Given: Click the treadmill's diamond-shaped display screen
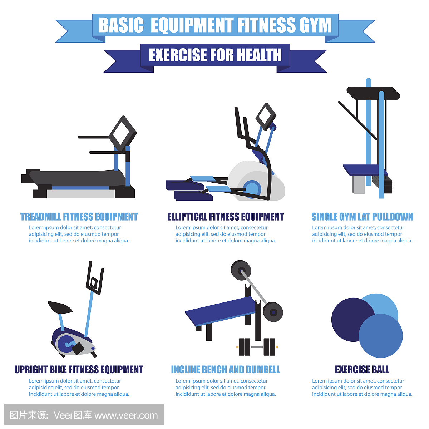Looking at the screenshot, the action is [x=123, y=133].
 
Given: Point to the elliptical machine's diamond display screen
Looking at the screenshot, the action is [x=266, y=117].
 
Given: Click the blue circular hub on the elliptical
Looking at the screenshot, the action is [x=252, y=189].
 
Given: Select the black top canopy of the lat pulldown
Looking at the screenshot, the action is [x=373, y=93].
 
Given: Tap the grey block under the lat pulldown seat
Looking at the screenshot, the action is [x=358, y=184].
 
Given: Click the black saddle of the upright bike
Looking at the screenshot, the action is [x=60, y=307].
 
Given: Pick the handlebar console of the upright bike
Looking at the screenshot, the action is [x=95, y=278].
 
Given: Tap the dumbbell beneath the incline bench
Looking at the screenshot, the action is [x=257, y=347].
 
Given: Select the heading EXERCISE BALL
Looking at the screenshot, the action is [x=362, y=370].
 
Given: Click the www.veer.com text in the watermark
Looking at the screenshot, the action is [x=126, y=416].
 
